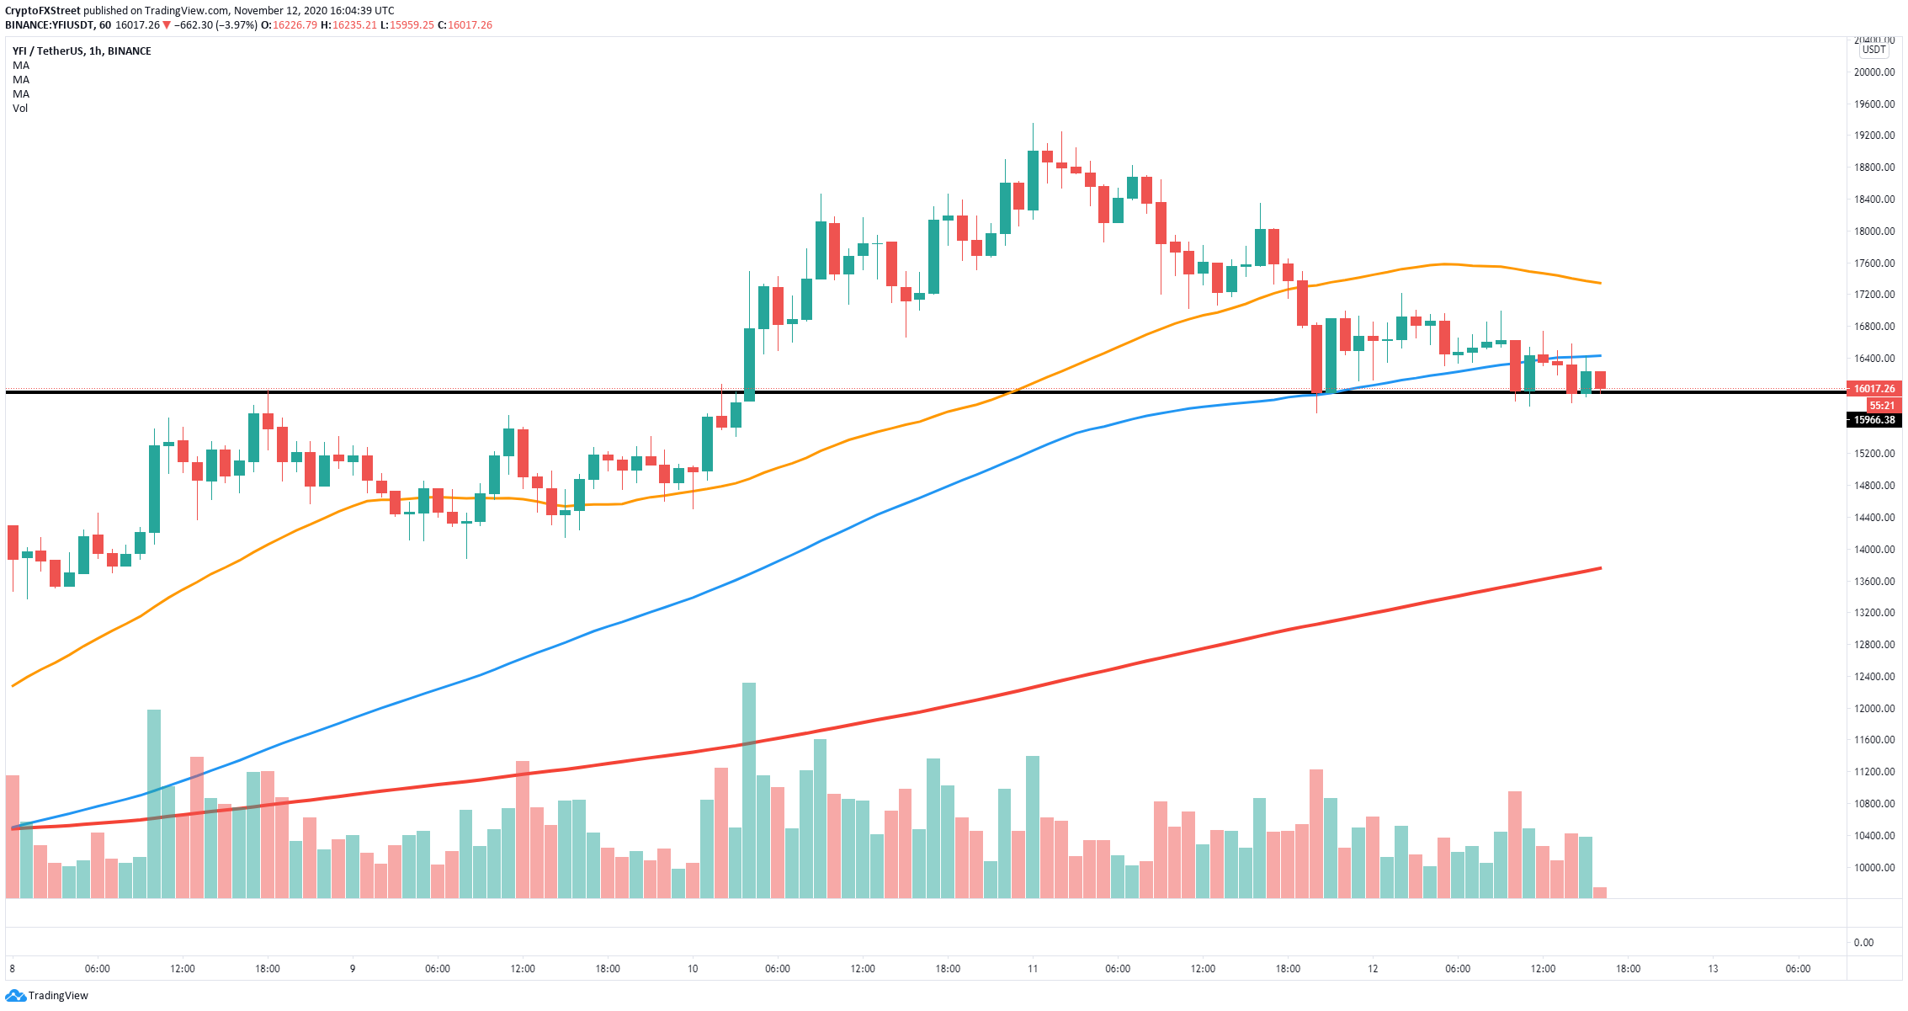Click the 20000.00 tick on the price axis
coord(1873,72)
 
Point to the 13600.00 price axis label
coord(1873,582)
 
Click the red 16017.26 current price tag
coord(1874,389)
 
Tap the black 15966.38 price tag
coord(1874,420)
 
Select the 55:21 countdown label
coord(1881,405)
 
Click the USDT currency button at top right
coord(1874,50)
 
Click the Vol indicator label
coord(20,109)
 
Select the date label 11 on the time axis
coord(1033,969)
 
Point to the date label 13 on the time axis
coord(1713,969)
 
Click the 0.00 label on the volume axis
coord(1863,943)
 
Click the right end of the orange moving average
coord(1599,283)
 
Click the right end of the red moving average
coord(1599,568)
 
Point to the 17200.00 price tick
coord(1873,295)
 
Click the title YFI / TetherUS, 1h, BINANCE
coord(82,51)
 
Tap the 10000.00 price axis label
coord(1873,868)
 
